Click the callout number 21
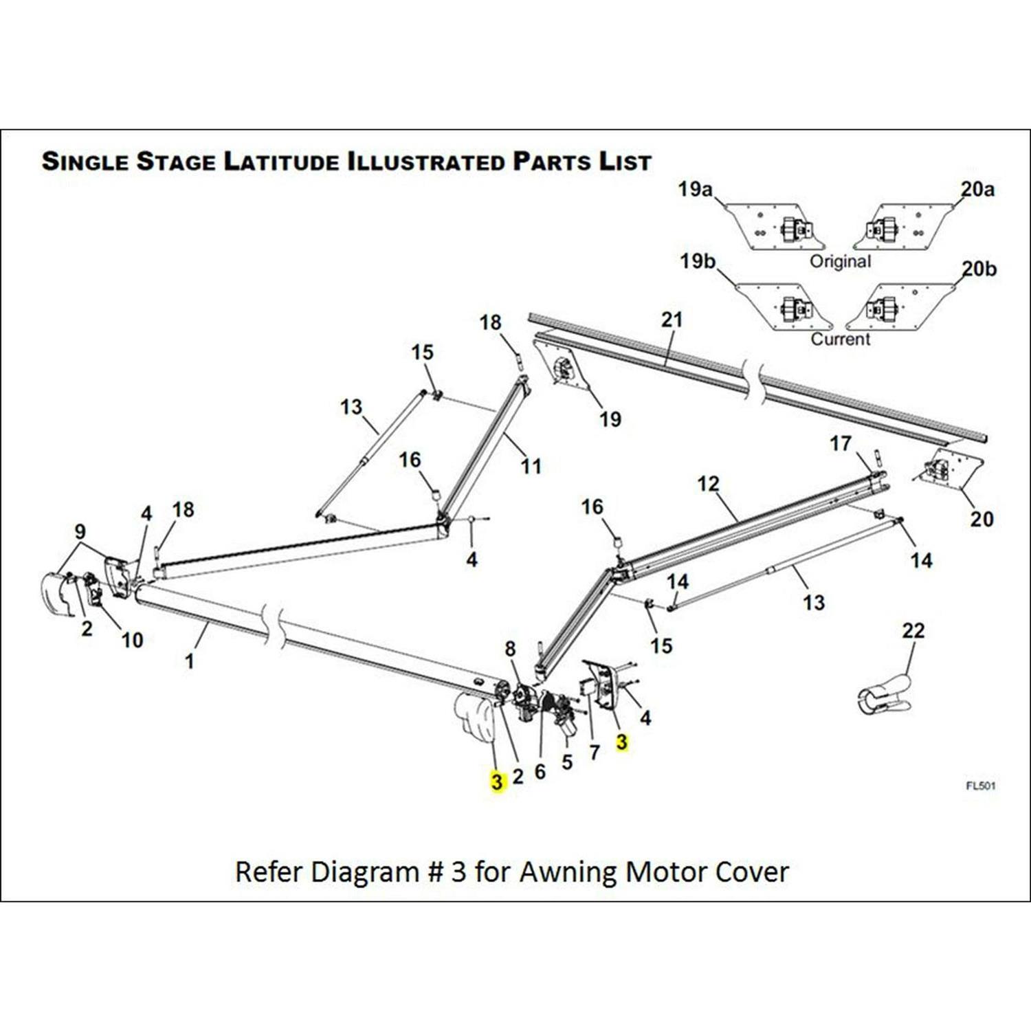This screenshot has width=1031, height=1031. [x=672, y=320]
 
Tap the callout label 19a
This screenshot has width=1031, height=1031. [x=695, y=189]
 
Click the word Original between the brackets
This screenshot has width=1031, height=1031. [x=840, y=262]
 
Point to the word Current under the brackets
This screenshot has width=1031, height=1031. [x=840, y=339]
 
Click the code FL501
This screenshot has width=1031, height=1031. [x=980, y=786]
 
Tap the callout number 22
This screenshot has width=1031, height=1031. [x=913, y=630]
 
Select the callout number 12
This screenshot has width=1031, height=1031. [x=708, y=484]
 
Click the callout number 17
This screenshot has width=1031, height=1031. [x=840, y=443]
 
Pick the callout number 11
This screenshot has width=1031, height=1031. [x=531, y=467]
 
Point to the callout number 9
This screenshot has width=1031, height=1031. [x=80, y=531]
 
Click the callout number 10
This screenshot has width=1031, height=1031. [x=132, y=641]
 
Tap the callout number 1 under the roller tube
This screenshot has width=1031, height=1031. [x=190, y=661]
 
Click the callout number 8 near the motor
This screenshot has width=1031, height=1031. [x=510, y=648]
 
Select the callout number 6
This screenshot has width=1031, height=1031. [x=540, y=772]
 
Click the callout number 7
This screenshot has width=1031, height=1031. [x=595, y=753]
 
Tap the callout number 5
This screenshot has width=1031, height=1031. [x=567, y=762]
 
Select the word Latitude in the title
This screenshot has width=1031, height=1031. [x=281, y=162]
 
